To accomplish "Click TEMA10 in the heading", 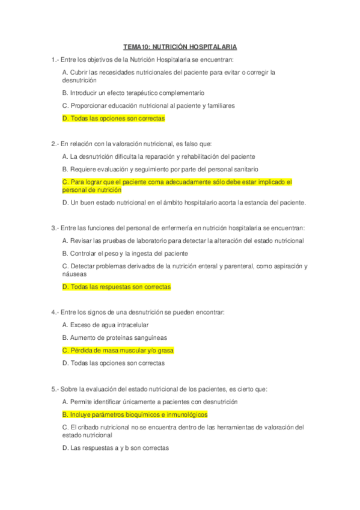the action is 136,46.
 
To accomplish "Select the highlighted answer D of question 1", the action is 113,118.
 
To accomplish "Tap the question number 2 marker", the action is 55,144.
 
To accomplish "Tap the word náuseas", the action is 75,274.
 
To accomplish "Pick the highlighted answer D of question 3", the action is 116,287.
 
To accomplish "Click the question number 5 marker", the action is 55,389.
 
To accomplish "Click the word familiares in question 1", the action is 218,106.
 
